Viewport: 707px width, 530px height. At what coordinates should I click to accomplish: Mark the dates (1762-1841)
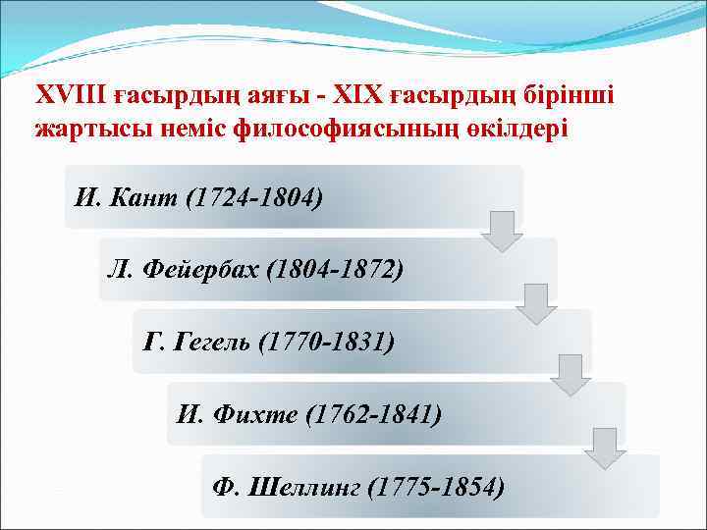coord(373,413)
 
